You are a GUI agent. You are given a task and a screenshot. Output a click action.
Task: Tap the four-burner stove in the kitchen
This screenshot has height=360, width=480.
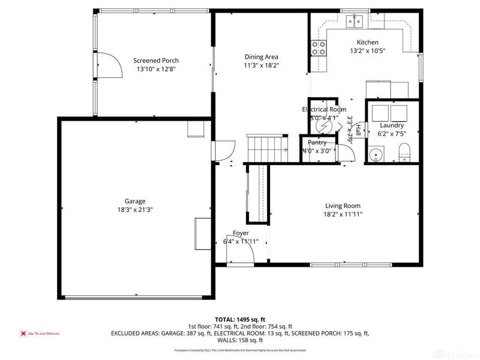click(319, 48)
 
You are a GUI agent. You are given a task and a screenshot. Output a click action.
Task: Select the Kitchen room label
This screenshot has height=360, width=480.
click(367, 43)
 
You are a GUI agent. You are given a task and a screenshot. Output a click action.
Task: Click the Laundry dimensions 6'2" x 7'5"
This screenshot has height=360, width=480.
click(392, 134)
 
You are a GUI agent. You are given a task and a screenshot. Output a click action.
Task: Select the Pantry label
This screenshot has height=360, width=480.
click(317, 143)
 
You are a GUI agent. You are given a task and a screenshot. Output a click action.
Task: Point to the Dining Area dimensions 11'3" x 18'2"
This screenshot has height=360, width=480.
click(262, 65)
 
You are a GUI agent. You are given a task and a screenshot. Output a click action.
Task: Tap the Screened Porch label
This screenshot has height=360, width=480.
click(156, 61)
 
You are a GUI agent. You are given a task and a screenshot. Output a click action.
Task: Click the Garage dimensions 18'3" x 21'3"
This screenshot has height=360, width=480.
click(136, 210)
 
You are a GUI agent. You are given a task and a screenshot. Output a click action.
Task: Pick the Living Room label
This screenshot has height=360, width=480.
click(343, 205)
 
